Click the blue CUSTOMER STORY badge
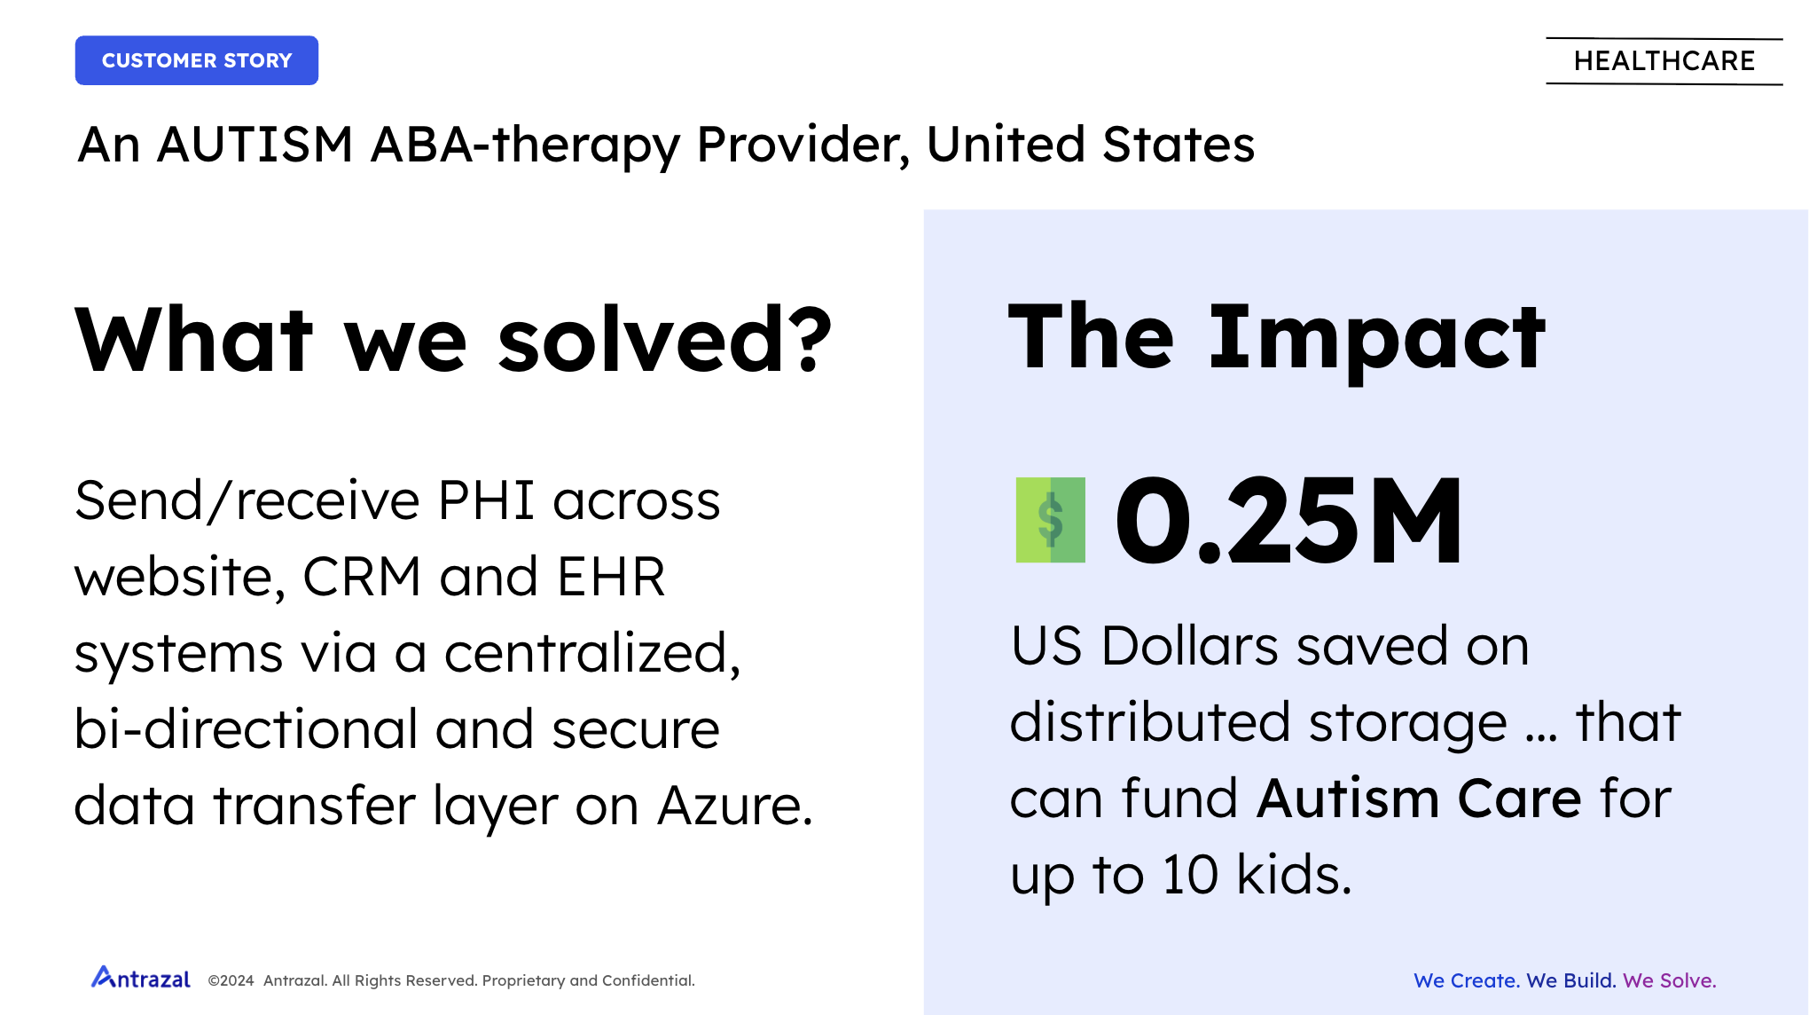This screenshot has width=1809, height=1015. click(x=197, y=60)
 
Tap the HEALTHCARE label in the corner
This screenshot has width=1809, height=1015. click(x=1664, y=61)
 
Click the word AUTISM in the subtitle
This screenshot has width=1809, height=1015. click(x=255, y=144)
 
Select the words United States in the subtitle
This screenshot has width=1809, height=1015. click(x=1091, y=144)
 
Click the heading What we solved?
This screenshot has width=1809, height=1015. click(x=453, y=339)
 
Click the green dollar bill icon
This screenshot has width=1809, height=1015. click(x=1051, y=520)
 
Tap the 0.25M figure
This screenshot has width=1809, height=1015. click(x=1288, y=520)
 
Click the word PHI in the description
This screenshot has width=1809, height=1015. click(x=486, y=500)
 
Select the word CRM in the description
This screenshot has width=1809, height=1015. click(x=362, y=577)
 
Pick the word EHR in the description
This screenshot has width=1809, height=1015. click(x=611, y=577)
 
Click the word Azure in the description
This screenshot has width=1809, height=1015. click(x=735, y=806)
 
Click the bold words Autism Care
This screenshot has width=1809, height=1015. click(x=1419, y=799)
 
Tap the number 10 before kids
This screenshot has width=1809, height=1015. click(x=1190, y=875)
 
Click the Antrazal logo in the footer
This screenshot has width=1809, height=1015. click(x=141, y=978)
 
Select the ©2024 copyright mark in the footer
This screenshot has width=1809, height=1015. click(x=231, y=980)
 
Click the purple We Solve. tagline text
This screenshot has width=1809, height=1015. click(x=1670, y=980)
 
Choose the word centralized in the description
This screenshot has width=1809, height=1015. click(x=591, y=655)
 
